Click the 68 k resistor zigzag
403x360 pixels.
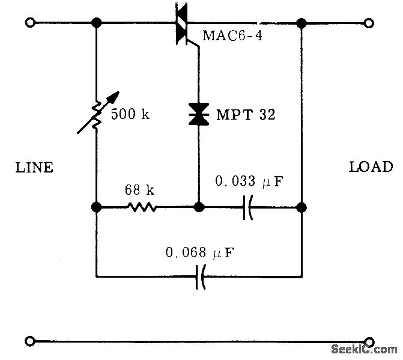pyautogui.click(x=142, y=208)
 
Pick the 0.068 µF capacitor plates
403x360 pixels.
pyautogui.click(x=200, y=277)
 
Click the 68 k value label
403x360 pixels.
pyautogui.click(x=140, y=191)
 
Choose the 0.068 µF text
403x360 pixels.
pyautogui.click(x=200, y=254)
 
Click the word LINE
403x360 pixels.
pyautogui.click(x=34, y=168)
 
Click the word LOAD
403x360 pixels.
pyautogui.click(x=371, y=167)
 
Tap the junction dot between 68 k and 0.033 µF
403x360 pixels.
pyautogui.click(x=198, y=208)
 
